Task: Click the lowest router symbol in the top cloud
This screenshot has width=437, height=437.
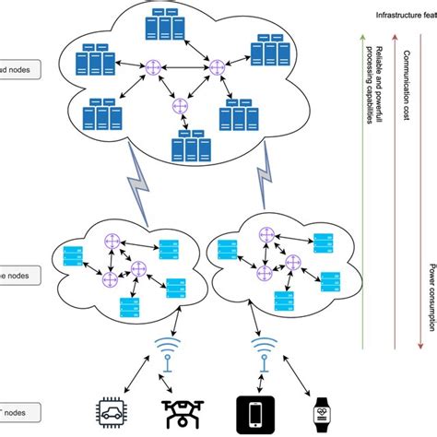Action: (180, 107)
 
